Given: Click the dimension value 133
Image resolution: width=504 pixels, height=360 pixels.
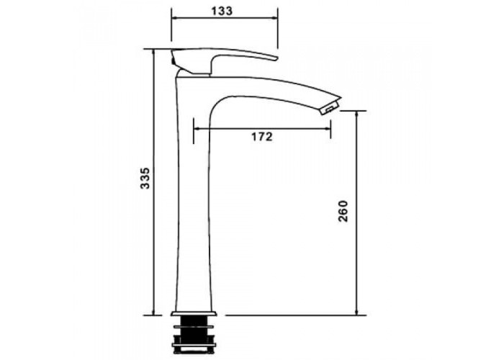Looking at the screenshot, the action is (x=222, y=11).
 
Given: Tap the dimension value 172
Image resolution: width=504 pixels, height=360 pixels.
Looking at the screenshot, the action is (x=261, y=137).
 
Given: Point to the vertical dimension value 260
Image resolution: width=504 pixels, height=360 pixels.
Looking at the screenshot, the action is (x=343, y=211).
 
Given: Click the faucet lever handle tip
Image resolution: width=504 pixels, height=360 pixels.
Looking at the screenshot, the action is (x=276, y=58).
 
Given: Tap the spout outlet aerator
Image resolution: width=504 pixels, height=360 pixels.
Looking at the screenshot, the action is (x=330, y=107).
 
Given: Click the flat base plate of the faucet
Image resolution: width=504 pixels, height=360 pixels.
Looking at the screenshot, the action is (x=194, y=313).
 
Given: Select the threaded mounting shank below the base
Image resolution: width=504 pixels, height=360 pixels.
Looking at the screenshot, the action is (x=194, y=333).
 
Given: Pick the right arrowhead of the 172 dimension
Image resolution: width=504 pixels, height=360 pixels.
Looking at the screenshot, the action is (x=327, y=129).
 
